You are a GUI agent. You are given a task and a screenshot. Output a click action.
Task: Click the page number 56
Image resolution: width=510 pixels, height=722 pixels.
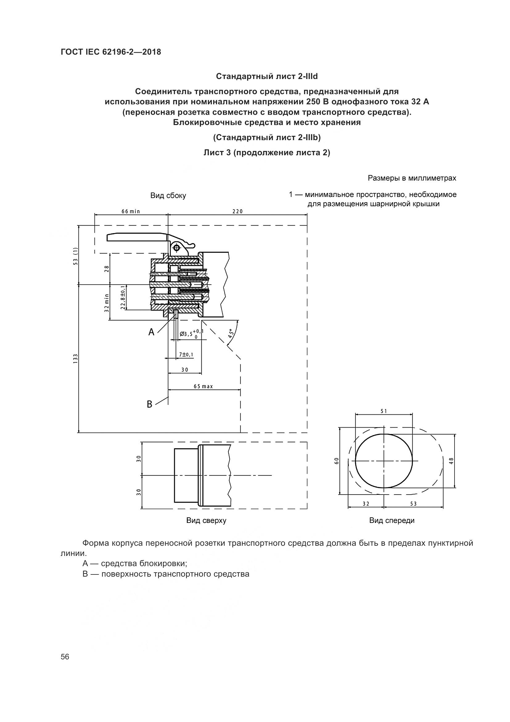(x=65, y=657)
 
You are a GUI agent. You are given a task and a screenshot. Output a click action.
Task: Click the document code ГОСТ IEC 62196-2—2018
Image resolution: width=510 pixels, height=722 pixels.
(x=111, y=52)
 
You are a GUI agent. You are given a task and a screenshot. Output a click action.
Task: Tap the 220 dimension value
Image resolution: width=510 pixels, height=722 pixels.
(x=238, y=212)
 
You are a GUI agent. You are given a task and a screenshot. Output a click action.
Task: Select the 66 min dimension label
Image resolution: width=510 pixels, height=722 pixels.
(x=131, y=212)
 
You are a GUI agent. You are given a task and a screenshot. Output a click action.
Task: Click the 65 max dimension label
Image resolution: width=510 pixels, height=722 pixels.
(x=204, y=386)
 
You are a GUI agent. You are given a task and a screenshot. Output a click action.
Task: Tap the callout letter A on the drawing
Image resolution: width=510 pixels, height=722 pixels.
(x=151, y=332)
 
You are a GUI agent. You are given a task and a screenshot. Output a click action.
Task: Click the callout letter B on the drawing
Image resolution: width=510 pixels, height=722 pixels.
(x=150, y=404)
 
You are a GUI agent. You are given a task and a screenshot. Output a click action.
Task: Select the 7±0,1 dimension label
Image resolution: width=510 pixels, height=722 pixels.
(x=186, y=355)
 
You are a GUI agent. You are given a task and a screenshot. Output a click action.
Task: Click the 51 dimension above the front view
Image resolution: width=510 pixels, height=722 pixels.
(x=384, y=411)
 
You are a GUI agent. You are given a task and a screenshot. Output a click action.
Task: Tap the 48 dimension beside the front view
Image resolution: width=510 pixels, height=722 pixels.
(x=451, y=461)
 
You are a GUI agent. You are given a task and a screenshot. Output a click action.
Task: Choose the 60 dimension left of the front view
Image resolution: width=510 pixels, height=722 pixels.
(x=337, y=461)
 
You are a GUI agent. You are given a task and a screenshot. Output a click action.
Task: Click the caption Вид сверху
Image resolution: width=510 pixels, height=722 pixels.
(x=206, y=520)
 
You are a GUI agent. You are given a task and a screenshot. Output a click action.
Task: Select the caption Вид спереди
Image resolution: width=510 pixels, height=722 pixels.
(x=392, y=520)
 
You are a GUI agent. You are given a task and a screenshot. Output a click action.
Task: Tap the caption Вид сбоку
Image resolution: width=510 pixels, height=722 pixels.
(x=168, y=196)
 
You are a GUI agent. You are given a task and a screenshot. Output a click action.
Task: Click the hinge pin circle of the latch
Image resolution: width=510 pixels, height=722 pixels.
(x=176, y=248)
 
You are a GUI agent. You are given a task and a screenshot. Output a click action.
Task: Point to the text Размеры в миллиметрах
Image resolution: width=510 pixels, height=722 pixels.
(x=412, y=178)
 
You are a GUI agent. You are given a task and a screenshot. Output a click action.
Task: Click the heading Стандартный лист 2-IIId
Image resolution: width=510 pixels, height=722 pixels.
(x=267, y=77)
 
